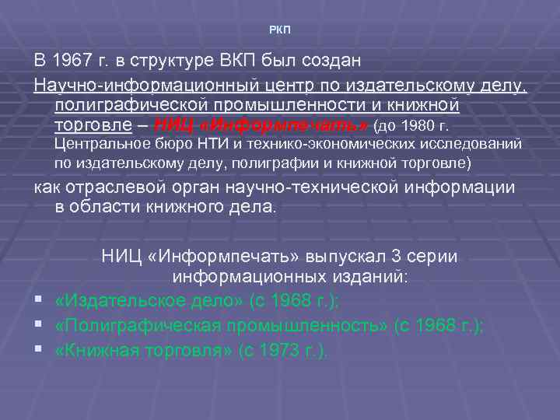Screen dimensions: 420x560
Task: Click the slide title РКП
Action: click(x=279, y=30)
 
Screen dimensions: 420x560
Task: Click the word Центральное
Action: click(x=98, y=145)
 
